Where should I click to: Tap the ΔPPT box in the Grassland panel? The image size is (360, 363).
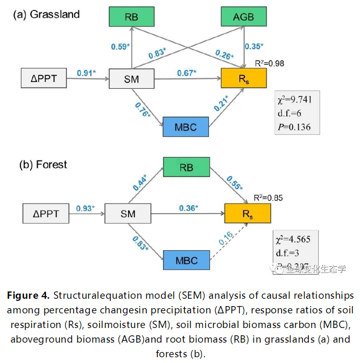point(43,79)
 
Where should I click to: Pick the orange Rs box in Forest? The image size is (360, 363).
point(248,213)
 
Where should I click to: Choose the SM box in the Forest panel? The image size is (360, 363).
point(127,213)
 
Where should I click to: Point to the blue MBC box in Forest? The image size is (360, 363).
point(186,260)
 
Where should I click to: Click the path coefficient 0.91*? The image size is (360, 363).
point(86,73)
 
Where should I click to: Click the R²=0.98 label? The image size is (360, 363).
point(269,63)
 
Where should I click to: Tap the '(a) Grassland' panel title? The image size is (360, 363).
point(47,15)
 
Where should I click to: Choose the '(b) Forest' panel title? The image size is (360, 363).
point(43,165)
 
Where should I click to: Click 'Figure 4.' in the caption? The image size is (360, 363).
point(28,296)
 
